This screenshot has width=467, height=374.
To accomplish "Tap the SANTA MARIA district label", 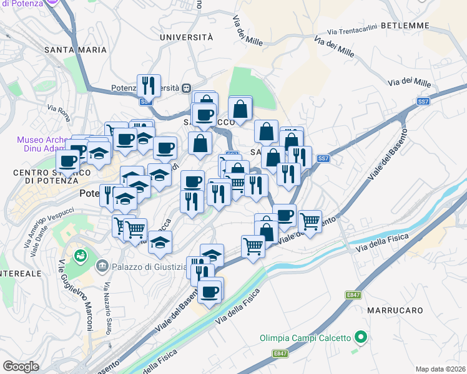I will click(73, 49).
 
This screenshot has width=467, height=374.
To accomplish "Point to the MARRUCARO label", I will click(396, 310).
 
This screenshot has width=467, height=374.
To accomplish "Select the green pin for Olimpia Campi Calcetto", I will click(360, 338).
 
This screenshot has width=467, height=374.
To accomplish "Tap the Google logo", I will click(21, 366).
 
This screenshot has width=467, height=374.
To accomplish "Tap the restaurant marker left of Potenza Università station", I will click(149, 85).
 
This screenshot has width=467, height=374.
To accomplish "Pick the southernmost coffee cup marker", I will click(210, 290).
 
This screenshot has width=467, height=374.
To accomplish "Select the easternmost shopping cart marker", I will click(310, 220).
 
